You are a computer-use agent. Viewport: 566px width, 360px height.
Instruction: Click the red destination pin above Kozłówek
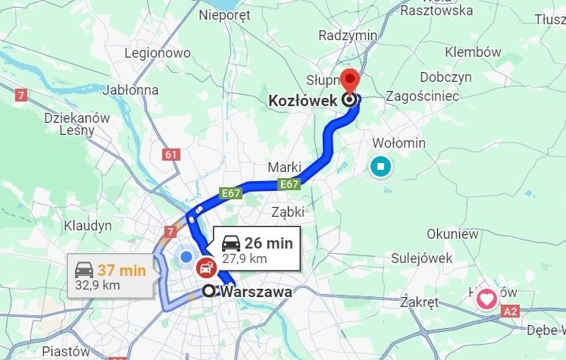(349, 78)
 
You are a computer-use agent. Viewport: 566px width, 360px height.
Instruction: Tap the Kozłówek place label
(303, 99)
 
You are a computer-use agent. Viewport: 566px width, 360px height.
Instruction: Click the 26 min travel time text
(268, 243)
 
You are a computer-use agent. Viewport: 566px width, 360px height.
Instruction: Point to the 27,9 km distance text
(244, 258)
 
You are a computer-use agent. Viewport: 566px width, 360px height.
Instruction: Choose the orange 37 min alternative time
(121, 269)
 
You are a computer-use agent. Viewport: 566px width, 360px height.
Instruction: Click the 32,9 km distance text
(98, 285)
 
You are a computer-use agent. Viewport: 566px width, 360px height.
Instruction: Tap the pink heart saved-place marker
(486, 299)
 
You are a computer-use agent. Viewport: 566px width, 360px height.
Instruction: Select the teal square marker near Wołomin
(381, 166)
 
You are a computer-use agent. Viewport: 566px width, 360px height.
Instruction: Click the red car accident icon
(205, 267)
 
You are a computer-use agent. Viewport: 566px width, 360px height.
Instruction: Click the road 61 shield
(171, 155)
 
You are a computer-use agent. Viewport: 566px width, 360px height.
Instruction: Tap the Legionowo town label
(158, 53)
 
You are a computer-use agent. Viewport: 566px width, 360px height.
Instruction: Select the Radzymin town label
(348, 36)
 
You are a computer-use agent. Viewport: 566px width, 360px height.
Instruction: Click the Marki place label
(285, 167)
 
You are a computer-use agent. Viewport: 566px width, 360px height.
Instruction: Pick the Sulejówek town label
(422, 258)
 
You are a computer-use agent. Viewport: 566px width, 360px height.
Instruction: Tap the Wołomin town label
(399, 143)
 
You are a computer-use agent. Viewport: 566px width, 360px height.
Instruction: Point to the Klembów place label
(473, 52)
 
